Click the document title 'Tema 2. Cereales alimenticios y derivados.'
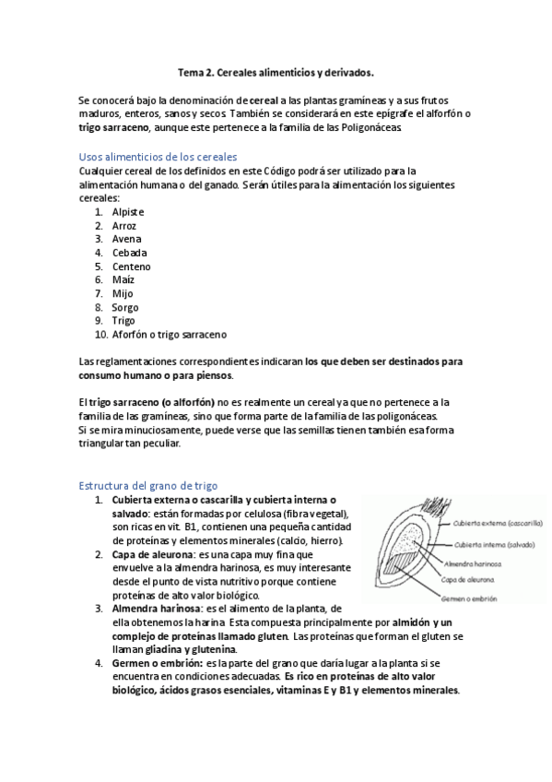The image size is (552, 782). [276, 70]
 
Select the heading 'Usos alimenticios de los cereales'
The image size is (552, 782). [159, 158]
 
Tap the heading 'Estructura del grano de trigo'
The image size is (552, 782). [148, 486]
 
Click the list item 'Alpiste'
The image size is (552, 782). [128, 212]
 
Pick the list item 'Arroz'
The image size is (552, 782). [124, 225]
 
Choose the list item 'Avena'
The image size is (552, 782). [126, 239]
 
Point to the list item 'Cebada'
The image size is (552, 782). [129, 253]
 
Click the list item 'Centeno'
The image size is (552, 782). [132, 267]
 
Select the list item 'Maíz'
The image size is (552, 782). [123, 279]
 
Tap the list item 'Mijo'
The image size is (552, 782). [123, 293]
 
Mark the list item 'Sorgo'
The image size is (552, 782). [125, 307]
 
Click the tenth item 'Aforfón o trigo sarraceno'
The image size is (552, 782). [170, 334]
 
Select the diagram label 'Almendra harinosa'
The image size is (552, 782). [472, 563]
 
